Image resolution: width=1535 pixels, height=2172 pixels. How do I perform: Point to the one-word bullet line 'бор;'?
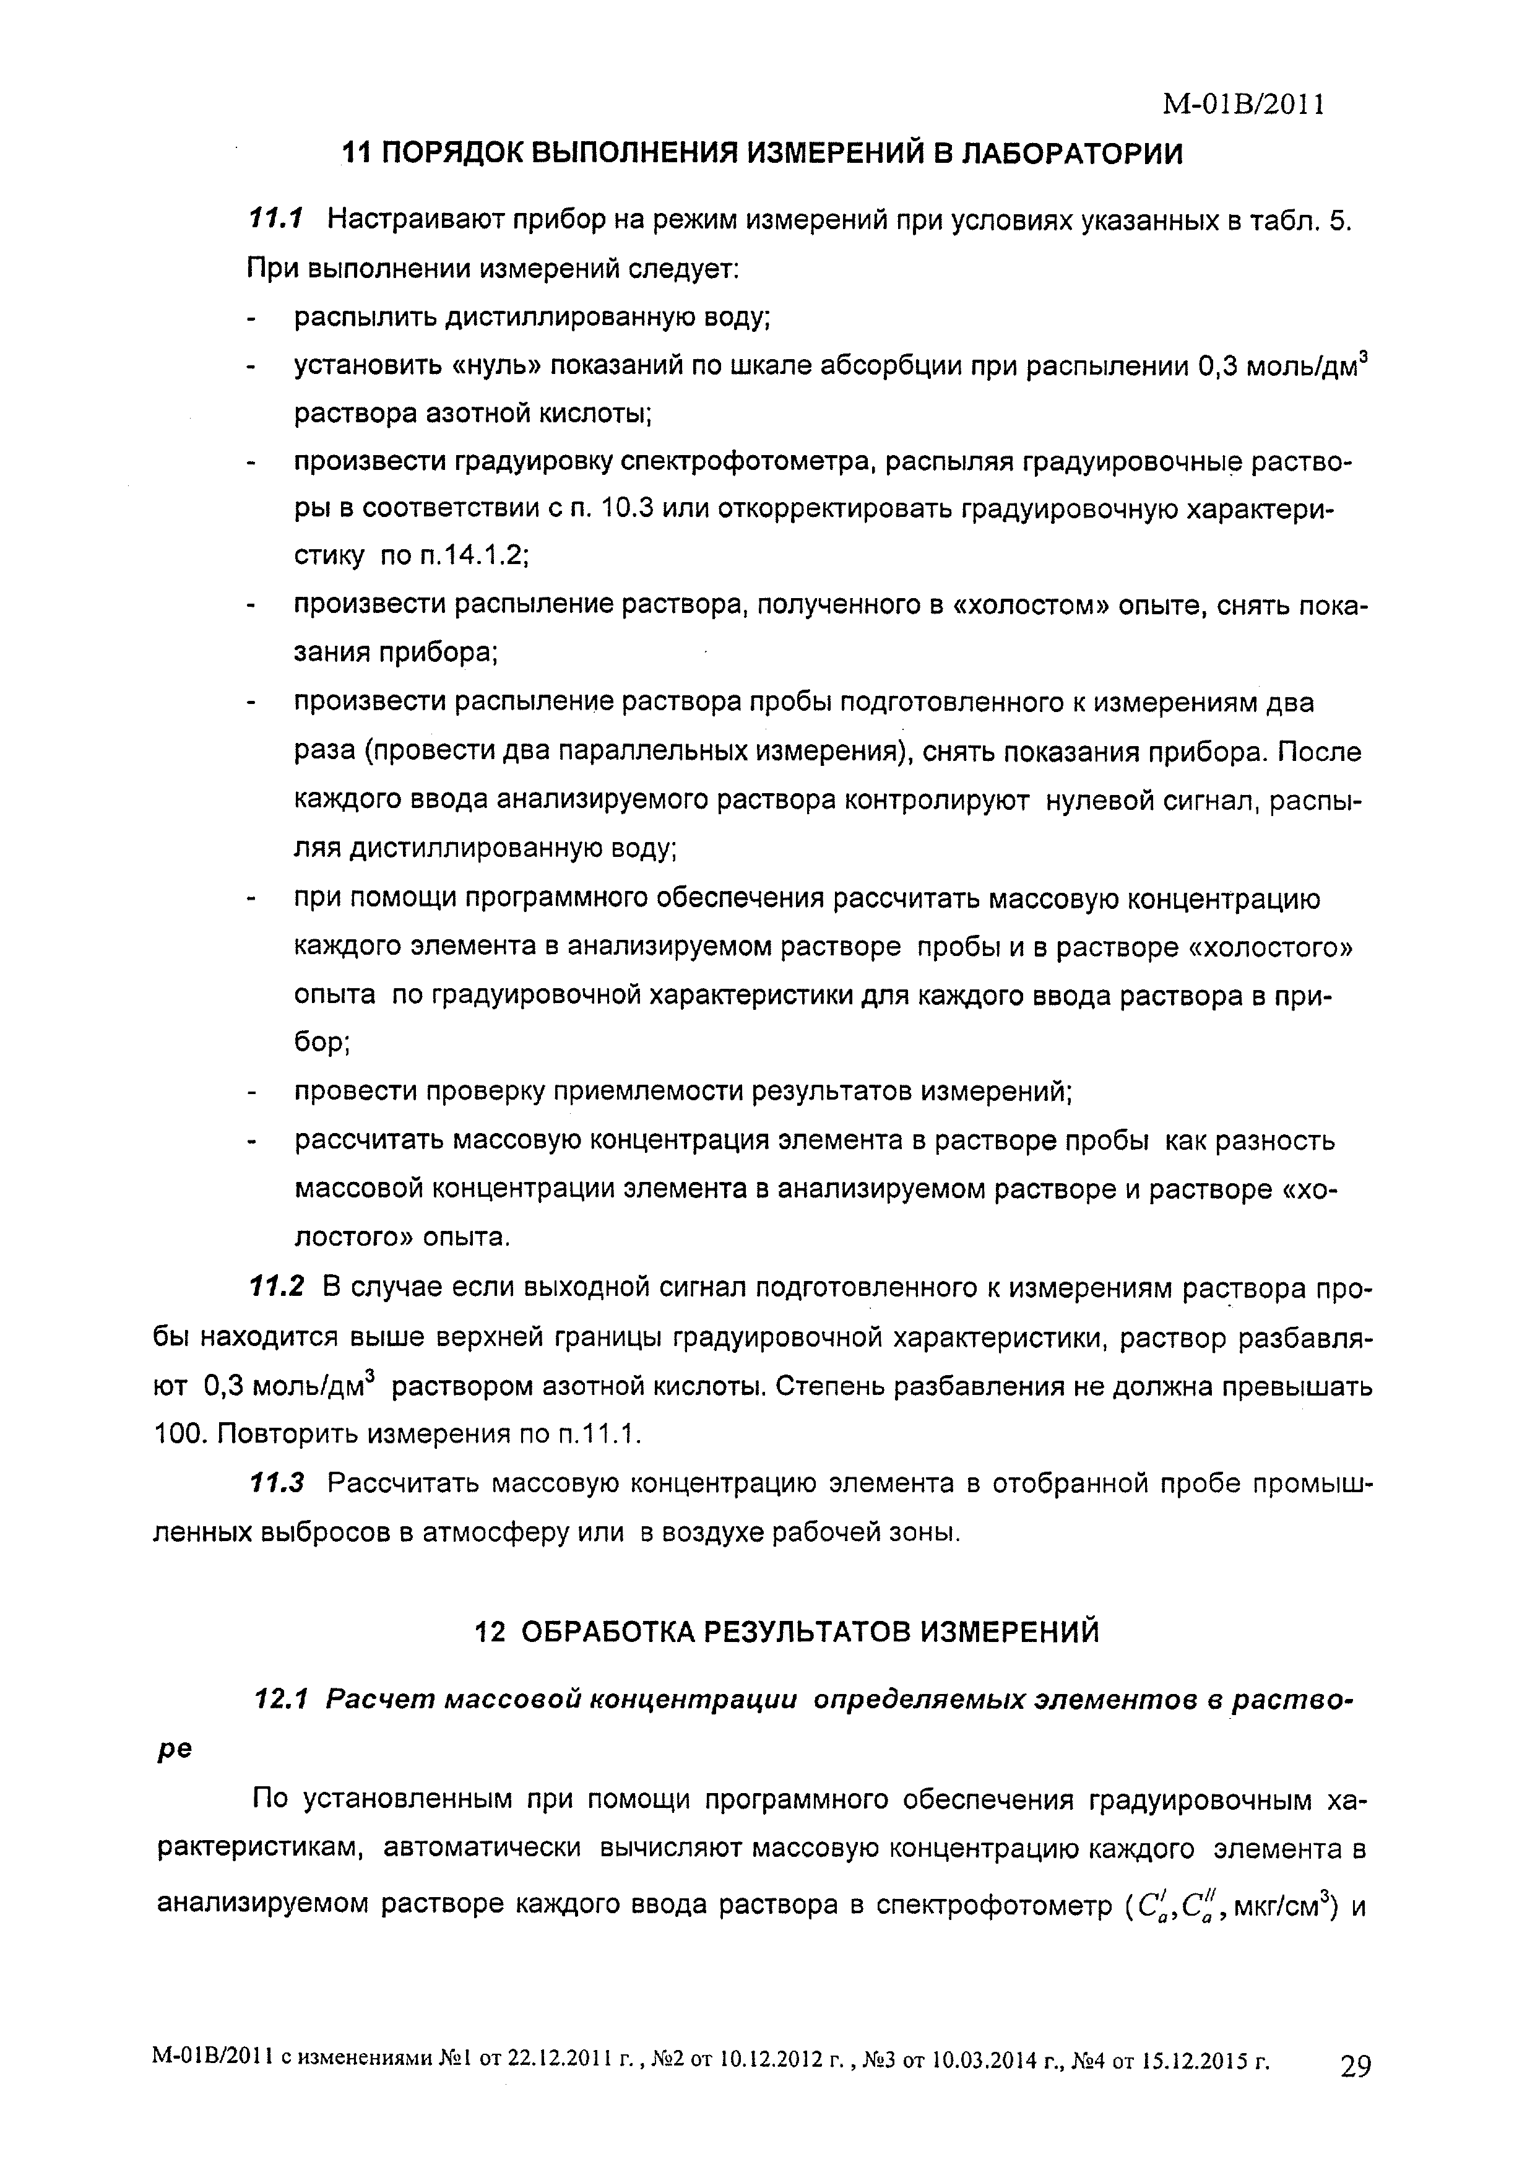tap(322, 1043)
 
